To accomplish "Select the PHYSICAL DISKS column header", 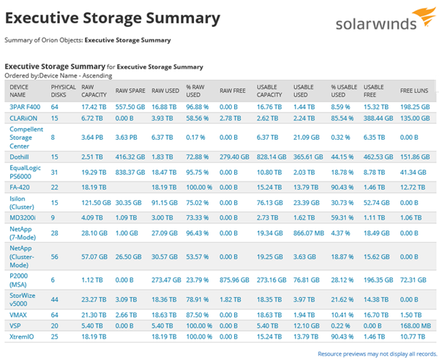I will (x=63, y=90).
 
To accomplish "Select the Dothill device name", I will (x=19, y=156).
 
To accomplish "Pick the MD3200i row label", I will (x=23, y=217).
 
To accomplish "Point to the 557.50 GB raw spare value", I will (x=131, y=106).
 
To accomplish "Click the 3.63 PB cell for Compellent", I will (x=125, y=136).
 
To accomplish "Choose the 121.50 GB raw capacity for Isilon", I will (x=95, y=202).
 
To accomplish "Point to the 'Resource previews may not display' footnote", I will (x=376, y=354).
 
